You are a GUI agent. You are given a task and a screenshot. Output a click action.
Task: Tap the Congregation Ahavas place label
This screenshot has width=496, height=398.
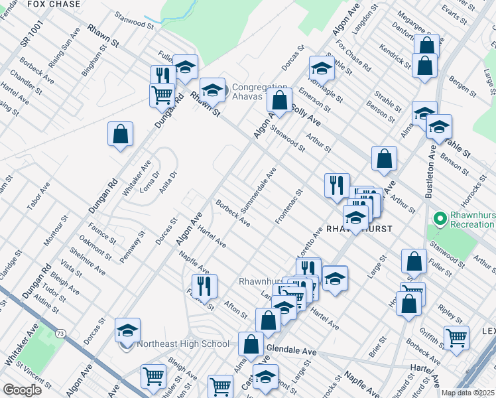(x=259, y=93)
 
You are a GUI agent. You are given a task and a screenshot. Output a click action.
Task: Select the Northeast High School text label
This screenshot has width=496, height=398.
(x=182, y=344)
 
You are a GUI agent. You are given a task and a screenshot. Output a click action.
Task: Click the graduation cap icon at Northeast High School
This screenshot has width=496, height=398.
(x=128, y=329)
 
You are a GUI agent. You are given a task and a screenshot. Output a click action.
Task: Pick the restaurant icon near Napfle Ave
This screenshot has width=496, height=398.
(x=204, y=286)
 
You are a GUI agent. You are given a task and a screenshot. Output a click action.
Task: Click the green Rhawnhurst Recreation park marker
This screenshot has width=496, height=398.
(x=439, y=218)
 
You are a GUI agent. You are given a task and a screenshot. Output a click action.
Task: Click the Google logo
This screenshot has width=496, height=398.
(x=23, y=390)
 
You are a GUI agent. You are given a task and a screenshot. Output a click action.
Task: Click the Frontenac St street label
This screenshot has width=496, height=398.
(x=289, y=206)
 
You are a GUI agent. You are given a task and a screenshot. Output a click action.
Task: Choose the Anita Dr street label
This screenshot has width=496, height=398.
(x=169, y=183)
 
